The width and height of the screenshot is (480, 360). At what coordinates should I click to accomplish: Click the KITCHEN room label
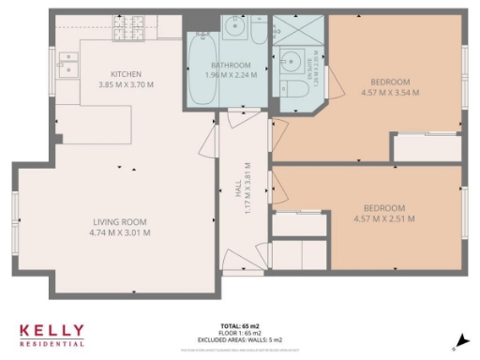[x=126, y=74]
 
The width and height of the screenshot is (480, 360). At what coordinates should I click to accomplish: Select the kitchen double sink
[x=67, y=64]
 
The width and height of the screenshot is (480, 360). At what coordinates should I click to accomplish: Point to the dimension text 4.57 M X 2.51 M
[x=383, y=217]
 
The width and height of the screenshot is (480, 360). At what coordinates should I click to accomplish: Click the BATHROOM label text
[x=232, y=65]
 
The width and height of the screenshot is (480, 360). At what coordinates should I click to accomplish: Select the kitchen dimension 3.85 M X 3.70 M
[x=126, y=83]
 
